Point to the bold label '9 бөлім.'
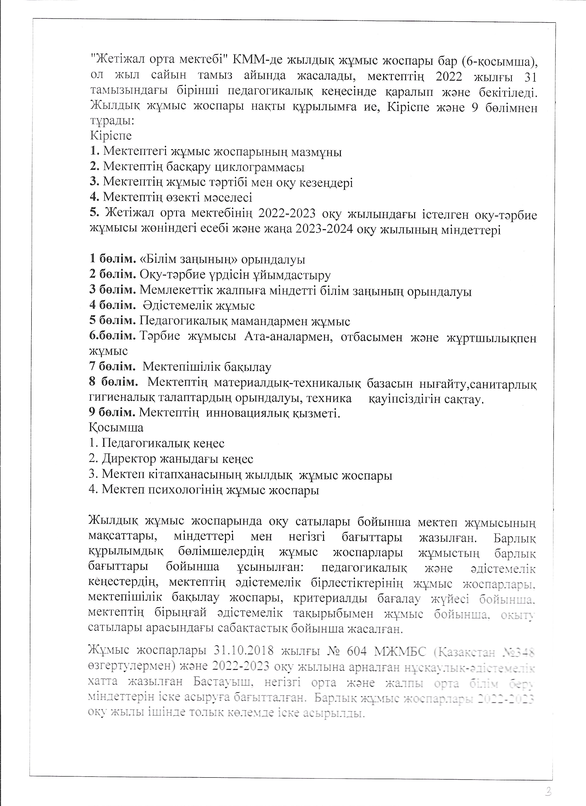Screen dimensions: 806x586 112,413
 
